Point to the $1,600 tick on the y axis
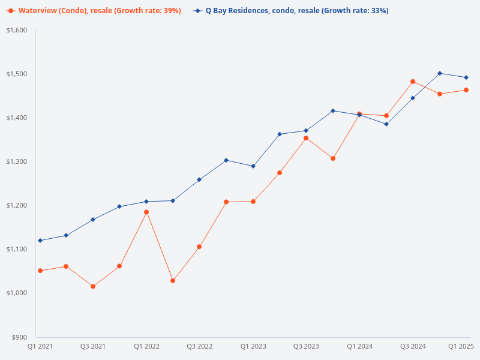[x=17, y=30]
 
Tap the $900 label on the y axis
[x=20, y=337]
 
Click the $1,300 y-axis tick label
[x=17, y=161]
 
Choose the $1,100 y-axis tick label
[x=17, y=249]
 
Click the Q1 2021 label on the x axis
[x=40, y=346]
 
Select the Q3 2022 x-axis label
[x=199, y=346]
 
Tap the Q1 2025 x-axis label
[x=461, y=346]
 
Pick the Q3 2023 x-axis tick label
[x=306, y=346]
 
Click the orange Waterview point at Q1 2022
[x=146, y=212]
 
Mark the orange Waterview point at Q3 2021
[x=93, y=286]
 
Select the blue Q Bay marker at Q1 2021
[x=40, y=241]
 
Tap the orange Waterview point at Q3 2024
[x=413, y=82]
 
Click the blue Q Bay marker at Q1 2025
[x=466, y=77]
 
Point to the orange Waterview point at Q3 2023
[x=306, y=138]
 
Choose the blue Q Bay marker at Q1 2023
[x=253, y=166]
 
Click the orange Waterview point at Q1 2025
[x=466, y=90]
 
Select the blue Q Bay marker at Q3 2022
[x=199, y=179]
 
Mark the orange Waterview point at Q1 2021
[x=40, y=271]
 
